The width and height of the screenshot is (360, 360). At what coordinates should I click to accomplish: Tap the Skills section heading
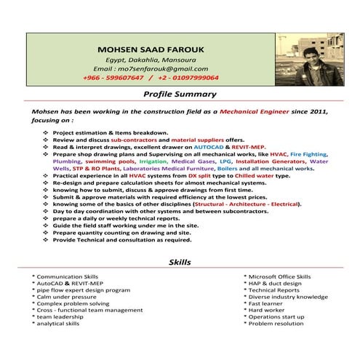(x=180, y=261)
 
